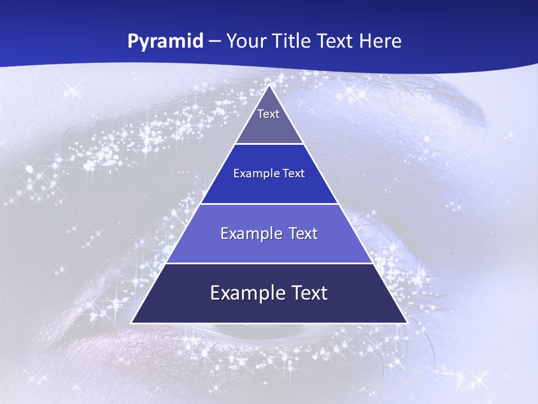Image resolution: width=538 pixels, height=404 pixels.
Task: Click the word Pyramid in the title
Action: point(165,42)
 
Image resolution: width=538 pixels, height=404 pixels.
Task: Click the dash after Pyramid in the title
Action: point(214,42)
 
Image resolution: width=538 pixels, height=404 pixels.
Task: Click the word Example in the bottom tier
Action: point(247,293)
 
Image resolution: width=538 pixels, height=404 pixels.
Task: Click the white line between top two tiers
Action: point(269,144)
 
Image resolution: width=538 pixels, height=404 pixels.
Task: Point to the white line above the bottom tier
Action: point(269,263)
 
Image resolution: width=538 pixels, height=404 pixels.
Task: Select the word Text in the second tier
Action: point(294,174)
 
